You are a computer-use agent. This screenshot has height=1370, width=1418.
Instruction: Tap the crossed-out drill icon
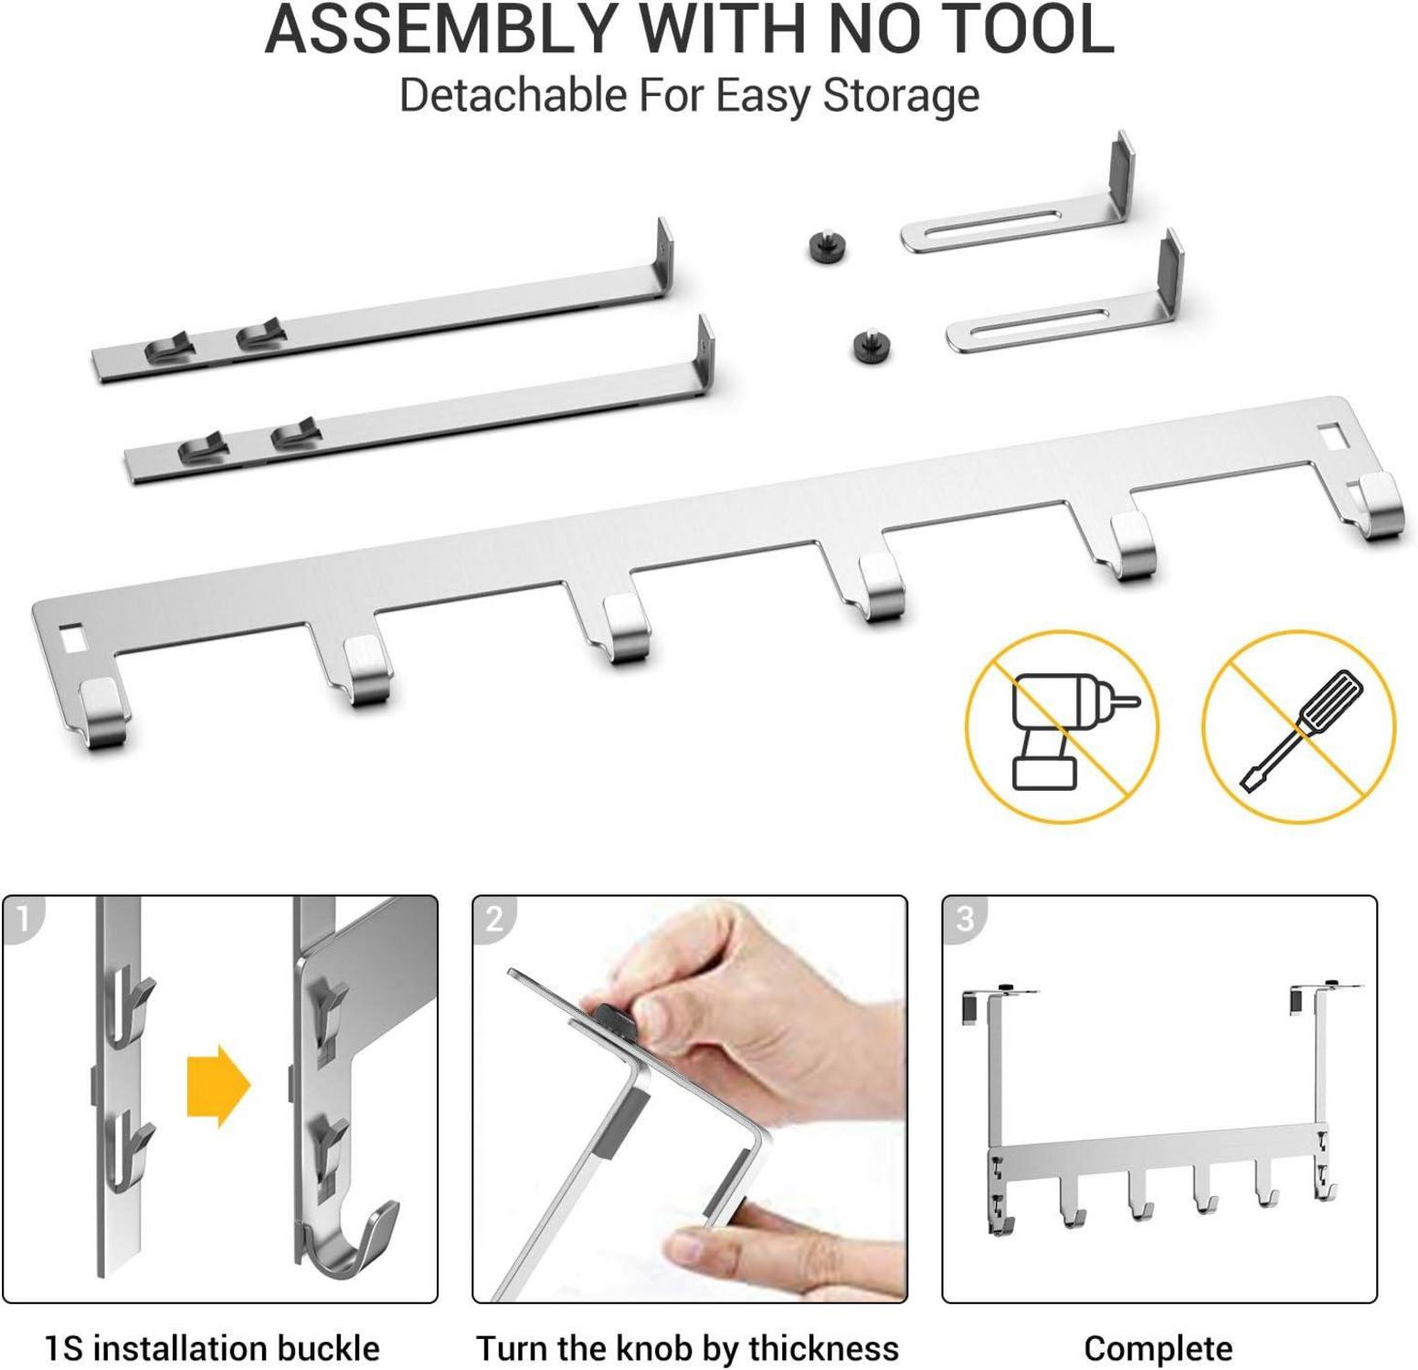click(x=1062, y=727)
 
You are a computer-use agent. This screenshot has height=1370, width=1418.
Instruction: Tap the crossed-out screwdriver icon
click(x=1298, y=727)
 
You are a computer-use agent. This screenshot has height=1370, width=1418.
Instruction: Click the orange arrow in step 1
click(x=218, y=1086)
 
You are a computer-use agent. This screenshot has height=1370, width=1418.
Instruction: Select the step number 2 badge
click(x=494, y=917)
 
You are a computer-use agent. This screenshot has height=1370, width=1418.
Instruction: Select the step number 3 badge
click(x=964, y=917)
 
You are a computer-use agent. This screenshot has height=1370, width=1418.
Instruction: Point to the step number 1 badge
click(x=24, y=917)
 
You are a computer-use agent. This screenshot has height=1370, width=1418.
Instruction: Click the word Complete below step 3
click(x=1158, y=1348)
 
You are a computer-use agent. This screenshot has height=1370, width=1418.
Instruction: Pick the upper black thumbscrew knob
click(x=826, y=248)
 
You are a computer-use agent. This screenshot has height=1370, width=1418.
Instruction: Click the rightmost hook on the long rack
click(x=1378, y=507)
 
